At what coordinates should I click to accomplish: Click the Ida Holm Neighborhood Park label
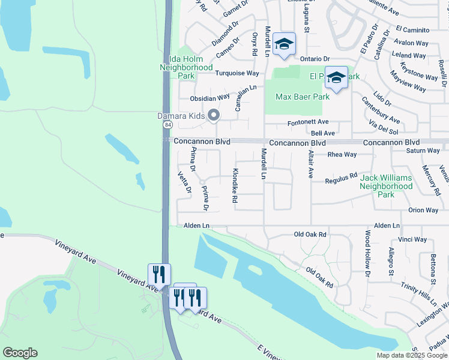[186, 68]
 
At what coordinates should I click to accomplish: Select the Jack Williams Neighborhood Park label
[386, 186]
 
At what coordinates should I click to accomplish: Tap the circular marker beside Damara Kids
[213, 116]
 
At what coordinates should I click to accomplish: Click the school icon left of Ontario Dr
[284, 44]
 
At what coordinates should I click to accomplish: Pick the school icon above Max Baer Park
[336, 78]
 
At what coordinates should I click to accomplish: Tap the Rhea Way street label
[342, 154]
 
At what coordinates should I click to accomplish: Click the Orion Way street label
[423, 210]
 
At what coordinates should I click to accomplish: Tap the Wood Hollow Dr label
[367, 253]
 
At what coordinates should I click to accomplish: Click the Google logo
[20, 353]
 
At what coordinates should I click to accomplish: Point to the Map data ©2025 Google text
[411, 355]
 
